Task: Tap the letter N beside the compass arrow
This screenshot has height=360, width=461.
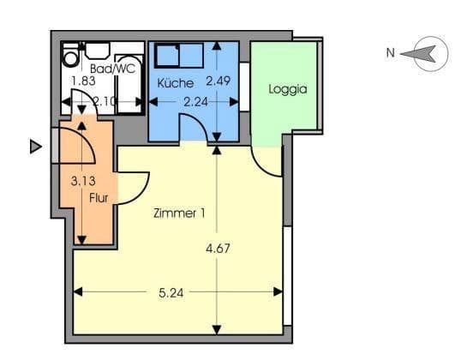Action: (x=390, y=53)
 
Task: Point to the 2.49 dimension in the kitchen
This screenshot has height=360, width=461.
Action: (x=219, y=81)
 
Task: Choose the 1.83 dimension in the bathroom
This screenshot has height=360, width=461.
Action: (x=82, y=81)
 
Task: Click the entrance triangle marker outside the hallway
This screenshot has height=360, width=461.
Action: (x=35, y=147)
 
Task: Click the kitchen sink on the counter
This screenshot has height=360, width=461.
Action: (x=165, y=56)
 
